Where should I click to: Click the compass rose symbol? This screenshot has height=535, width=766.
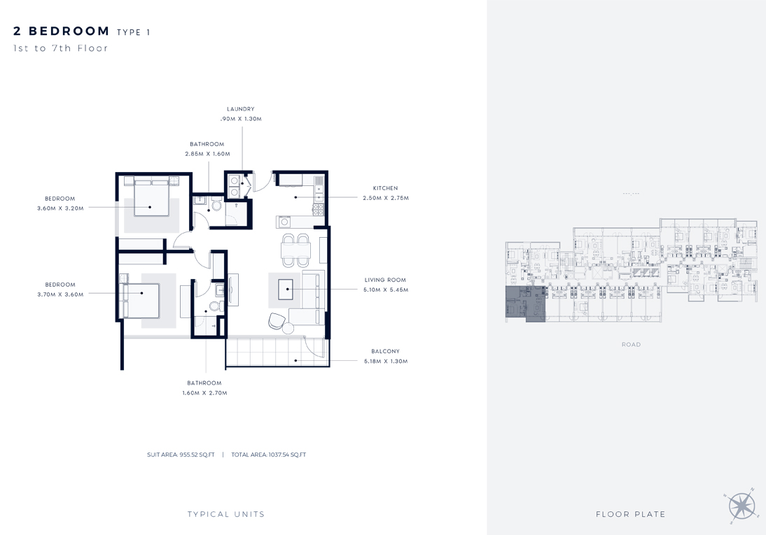point(741,505)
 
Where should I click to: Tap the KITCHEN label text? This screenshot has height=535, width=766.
point(385,188)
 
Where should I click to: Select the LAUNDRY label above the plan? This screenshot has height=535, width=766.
point(240,109)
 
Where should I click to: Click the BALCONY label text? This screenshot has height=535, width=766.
point(385,352)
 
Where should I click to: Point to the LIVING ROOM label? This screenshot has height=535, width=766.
point(385,280)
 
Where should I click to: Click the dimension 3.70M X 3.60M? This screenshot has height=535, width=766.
point(60,294)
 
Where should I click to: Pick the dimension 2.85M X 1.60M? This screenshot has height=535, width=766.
point(207,154)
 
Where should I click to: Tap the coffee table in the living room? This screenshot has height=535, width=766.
point(286,290)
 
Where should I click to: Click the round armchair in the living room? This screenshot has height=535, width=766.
point(277,320)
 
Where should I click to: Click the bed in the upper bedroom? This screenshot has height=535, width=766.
point(150,197)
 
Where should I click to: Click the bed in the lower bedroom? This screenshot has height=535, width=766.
point(141,299)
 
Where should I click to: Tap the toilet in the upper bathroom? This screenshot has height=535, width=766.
point(216,206)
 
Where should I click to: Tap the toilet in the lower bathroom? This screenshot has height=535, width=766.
point(214,306)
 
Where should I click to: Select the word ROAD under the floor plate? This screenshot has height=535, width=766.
point(631,345)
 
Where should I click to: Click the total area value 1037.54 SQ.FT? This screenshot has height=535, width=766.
point(269,455)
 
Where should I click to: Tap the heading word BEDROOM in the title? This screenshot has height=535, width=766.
point(69,31)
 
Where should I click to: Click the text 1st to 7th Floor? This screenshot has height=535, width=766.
point(61,49)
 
